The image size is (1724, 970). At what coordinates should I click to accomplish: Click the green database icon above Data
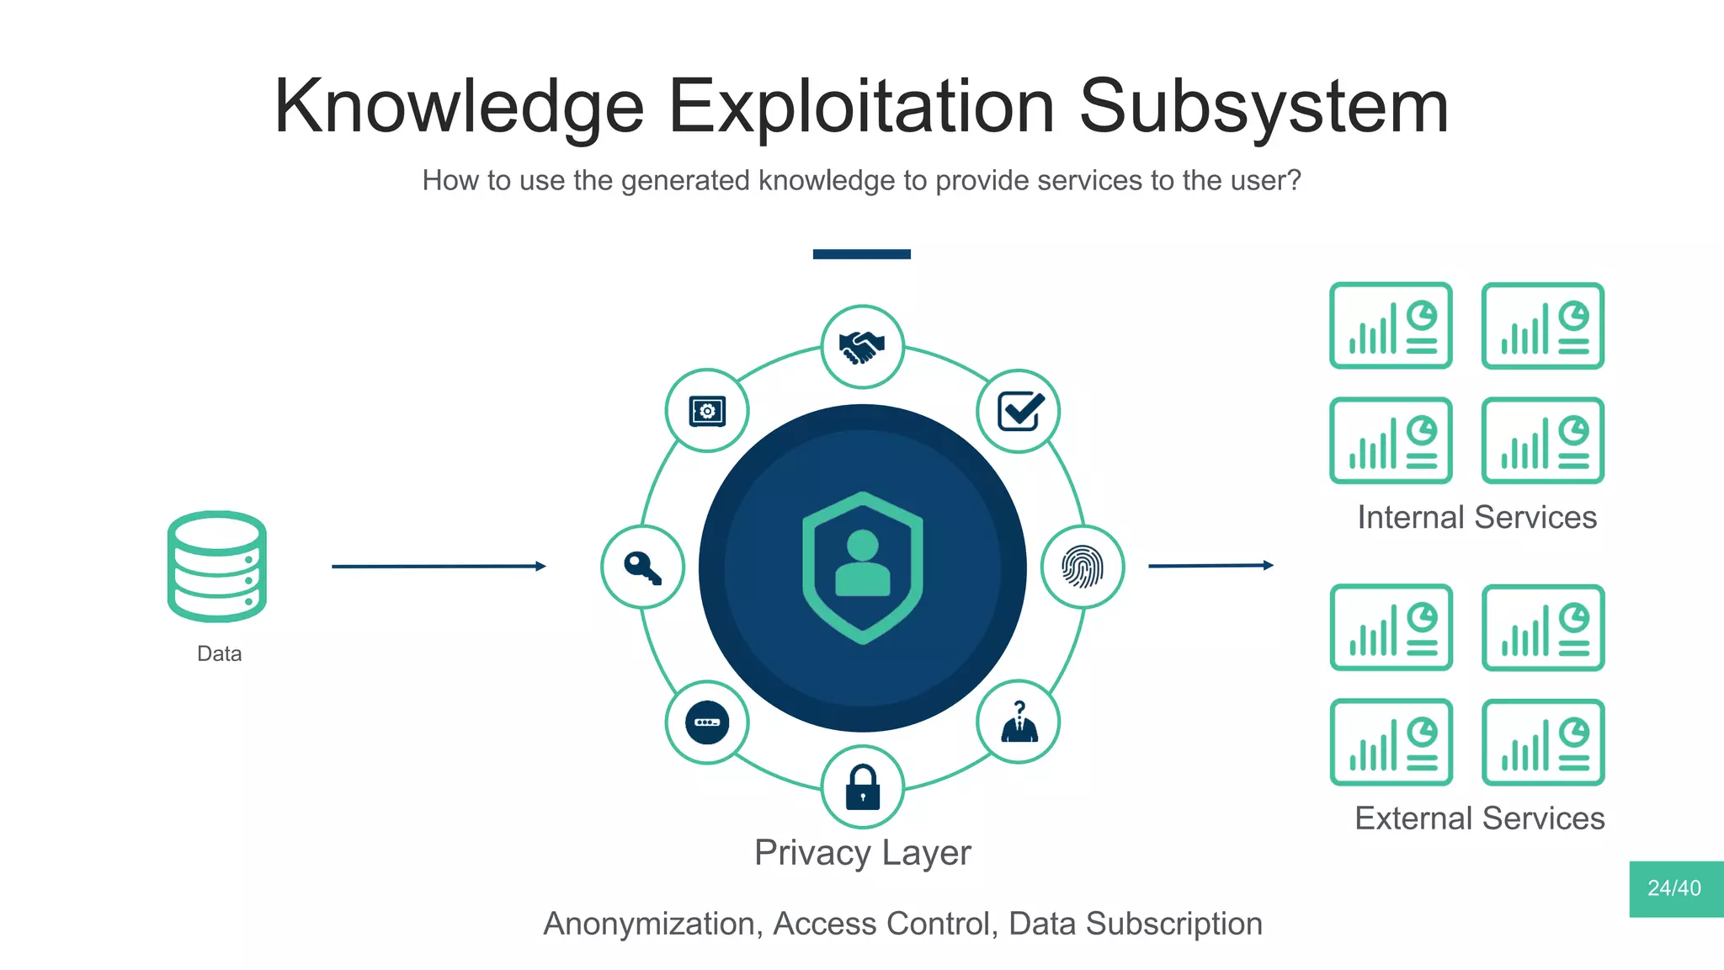[x=217, y=566]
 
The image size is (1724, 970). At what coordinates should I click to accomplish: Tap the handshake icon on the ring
[x=862, y=347]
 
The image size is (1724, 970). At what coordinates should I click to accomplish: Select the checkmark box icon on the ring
[x=1019, y=411]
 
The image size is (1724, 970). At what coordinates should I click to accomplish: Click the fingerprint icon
[x=1083, y=567]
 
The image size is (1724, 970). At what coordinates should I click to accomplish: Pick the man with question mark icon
[x=1019, y=722]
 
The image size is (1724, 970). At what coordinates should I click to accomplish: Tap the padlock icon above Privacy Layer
[x=862, y=786]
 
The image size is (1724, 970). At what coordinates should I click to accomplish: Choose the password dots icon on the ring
[x=707, y=722]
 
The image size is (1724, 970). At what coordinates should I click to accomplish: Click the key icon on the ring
[x=642, y=567]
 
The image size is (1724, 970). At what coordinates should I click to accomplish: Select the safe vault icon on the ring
[x=707, y=411]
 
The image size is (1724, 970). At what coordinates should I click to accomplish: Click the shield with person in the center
[x=862, y=568]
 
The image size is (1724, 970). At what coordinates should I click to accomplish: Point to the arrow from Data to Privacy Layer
[x=439, y=567]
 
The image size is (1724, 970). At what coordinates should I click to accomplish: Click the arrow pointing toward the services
[x=1211, y=566]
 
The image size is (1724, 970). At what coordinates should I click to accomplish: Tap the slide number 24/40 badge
[x=1675, y=888]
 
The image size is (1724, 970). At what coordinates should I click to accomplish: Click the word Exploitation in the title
[x=860, y=107]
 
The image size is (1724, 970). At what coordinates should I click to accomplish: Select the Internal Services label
[x=1477, y=517]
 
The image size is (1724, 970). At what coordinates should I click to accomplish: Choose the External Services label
[x=1479, y=818]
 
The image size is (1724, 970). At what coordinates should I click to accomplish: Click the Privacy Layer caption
[x=862, y=853]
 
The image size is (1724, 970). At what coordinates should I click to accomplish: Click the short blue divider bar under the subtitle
[x=861, y=254]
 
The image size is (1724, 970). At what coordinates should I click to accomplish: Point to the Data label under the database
[x=219, y=653]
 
